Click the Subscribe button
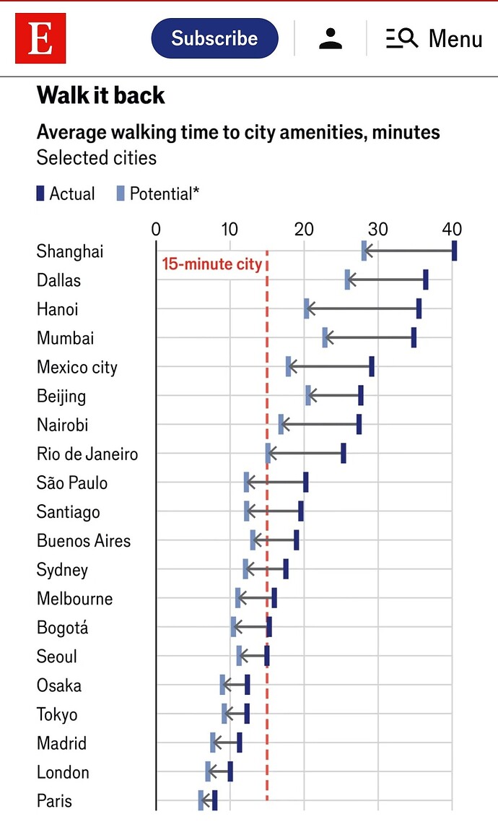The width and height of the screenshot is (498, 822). pyautogui.click(x=214, y=38)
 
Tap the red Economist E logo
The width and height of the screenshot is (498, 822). pyautogui.click(x=40, y=38)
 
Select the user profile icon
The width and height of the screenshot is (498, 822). pyautogui.click(x=331, y=38)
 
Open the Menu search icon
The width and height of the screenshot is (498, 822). pyautogui.click(x=402, y=38)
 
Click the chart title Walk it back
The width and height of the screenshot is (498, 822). pyautogui.click(x=100, y=95)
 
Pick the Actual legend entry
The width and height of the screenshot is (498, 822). pyautogui.click(x=66, y=194)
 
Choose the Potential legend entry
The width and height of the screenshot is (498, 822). pyautogui.click(x=157, y=194)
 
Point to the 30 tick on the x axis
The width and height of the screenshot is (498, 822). pyautogui.click(x=377, y=229)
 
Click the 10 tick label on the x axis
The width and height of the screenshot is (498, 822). pyautogui.click(x=230, y=229)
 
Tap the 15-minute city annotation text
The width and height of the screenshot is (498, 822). pyautogui.click(x=211, y=264)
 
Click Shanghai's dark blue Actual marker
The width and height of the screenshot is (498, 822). pyautogui.click(x=454, y=251)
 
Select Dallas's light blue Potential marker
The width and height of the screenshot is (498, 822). pyautogui.click(x=347, y=280)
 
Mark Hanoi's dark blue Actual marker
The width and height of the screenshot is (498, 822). pyautogui.click(x=419, y=308)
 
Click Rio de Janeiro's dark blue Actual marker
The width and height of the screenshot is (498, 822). pyautogui.click(x=344, y=453)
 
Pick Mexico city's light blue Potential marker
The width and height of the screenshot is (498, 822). pyautogui.click(x=289, y=366)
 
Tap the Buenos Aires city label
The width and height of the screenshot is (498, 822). pyautogui.click(x=84, y=540)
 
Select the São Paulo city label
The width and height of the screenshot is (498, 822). pyautogui.click(x=72, y=483)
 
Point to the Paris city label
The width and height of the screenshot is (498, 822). pyautogui.click(x=54, y=800)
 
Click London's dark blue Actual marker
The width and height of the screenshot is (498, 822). pyautogui.click(x=230, y=771)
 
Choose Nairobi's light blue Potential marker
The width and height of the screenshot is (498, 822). pyautogui.click(x=281, y=424)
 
